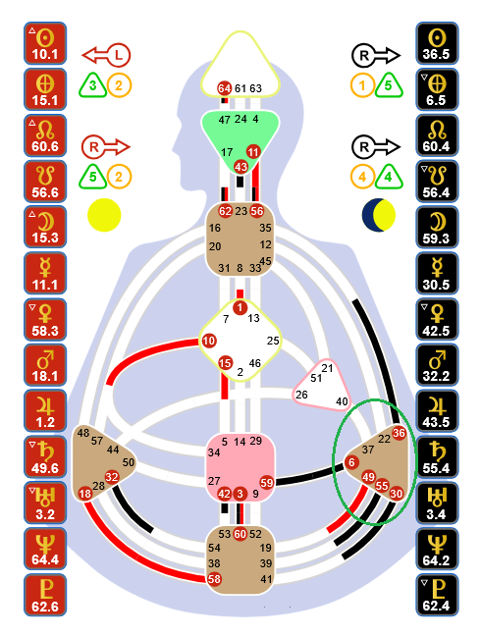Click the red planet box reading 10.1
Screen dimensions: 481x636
coord(45,43)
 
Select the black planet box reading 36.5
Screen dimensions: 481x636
coord(437,43)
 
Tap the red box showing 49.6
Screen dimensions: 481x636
coord(45,457)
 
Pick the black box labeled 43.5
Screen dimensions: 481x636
coord(437,411)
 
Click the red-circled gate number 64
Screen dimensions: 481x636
coord(224,88)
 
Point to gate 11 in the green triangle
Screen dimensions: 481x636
coord(253,152)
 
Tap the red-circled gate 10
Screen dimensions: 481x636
coord(208,341)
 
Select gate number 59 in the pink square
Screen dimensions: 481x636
coord(266,483)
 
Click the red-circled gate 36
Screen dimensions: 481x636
coord(399,433)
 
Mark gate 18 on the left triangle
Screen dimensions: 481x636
coord(85,494)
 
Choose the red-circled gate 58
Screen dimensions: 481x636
coord(214,579)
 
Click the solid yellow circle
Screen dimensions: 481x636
coord(104,215)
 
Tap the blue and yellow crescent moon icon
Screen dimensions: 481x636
coord(378,215)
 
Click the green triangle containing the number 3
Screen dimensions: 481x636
coord(93,85)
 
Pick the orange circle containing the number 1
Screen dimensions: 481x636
coord(362,85)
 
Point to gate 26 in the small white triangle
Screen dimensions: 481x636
coord(301,395)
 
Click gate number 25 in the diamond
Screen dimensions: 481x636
coord(273,341)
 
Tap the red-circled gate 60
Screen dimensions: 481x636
coord(240,534)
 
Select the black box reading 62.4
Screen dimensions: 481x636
coord(437,595)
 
